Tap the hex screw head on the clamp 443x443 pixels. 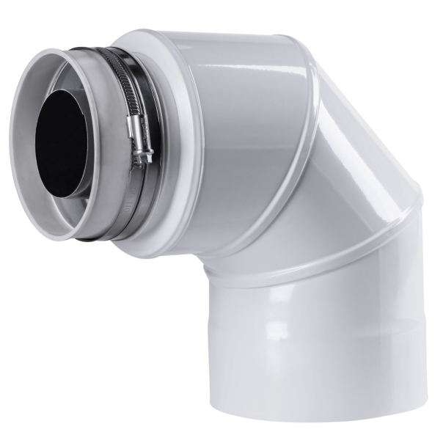tap(147, 157)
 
